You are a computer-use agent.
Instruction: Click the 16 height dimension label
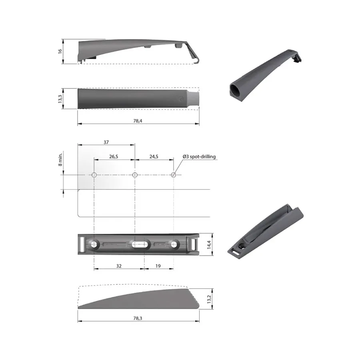coord(60,51)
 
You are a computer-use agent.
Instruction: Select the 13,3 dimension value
coord(60,99)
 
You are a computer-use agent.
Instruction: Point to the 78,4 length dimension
coord(138,121)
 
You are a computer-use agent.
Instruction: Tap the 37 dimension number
coord(106,142)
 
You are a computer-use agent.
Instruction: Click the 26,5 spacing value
coord(114,157)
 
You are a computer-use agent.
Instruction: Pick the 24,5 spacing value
coord(154,157)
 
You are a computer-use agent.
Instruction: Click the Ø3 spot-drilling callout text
coord(199,157)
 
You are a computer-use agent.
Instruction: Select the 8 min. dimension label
coord(60,159)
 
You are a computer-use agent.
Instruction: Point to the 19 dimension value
coord(158,265)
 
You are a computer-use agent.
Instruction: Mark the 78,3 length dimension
coord(138,318)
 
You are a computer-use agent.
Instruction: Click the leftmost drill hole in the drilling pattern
coord(94,175)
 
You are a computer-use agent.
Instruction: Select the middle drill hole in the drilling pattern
coord(135,175)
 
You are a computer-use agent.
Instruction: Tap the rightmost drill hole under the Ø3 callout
coord(174,175)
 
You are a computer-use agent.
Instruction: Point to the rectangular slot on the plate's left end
coord(82,244)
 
